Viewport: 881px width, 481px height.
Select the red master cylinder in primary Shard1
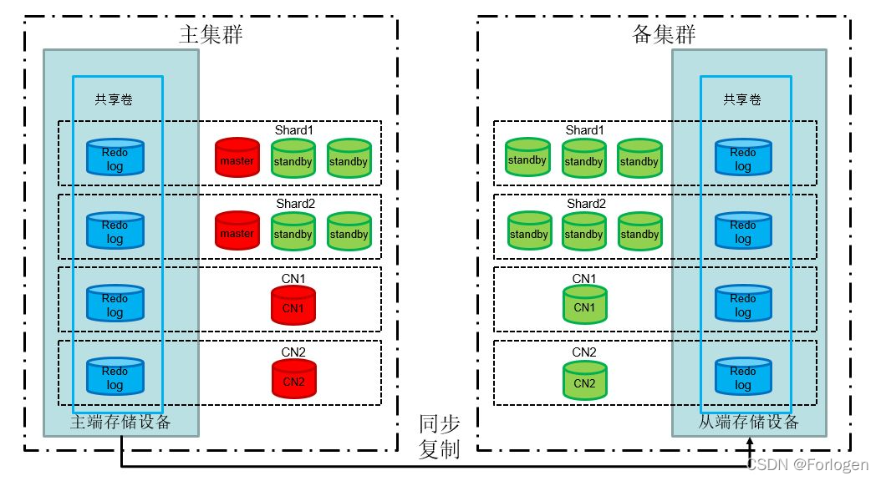237,158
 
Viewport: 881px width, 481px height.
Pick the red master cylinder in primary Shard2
237,231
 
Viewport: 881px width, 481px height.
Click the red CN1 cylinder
293,305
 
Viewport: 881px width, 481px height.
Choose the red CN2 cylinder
293,378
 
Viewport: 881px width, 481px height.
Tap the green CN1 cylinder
584,305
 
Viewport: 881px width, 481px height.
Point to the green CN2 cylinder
584,380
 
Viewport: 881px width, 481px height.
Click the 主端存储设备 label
120,423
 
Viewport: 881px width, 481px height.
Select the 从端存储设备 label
749,423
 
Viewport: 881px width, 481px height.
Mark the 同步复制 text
439,436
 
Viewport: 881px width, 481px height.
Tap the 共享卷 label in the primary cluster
114,99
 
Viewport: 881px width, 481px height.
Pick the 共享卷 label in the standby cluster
742,99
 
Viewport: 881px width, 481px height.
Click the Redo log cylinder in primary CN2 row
115,377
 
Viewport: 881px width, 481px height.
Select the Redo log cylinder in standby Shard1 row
743,158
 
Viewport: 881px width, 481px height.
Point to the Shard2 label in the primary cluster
294,203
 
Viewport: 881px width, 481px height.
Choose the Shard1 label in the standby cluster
584,130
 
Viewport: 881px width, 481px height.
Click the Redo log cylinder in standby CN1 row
743,305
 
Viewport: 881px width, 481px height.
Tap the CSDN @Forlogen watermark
807,464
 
